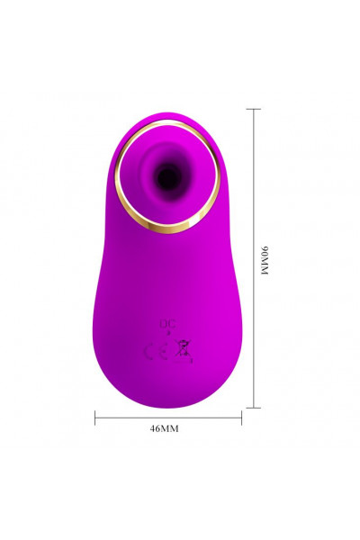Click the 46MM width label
165,428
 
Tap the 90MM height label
265,261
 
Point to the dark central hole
167,177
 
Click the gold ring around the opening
119,179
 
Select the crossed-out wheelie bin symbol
184,351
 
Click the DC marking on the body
167,324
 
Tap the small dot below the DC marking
168,333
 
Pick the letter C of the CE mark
149,352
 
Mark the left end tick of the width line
95,418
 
